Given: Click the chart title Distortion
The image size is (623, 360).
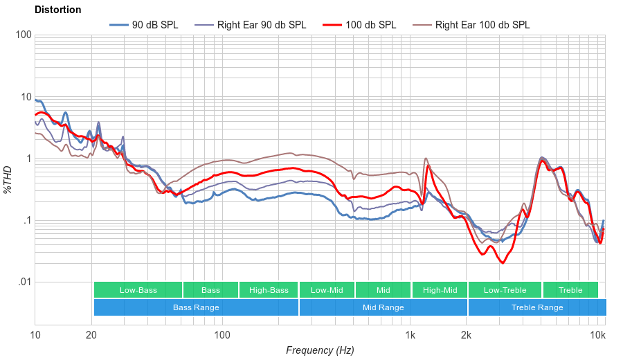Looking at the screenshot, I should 57,10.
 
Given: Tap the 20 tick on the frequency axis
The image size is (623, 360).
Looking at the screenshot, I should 91,336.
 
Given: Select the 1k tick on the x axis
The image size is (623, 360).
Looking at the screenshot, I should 410,336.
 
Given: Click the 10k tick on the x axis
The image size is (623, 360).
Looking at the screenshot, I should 597,336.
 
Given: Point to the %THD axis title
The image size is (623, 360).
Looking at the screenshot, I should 8,179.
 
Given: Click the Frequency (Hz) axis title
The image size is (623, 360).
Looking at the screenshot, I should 320,350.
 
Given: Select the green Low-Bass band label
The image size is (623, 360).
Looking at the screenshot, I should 138,290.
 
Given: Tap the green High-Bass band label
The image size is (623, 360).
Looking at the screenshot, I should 269,290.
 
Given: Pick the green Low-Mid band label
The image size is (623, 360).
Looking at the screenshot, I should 327,290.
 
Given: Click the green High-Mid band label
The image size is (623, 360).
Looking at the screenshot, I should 440,290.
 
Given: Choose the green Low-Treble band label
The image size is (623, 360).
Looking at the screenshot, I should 505,290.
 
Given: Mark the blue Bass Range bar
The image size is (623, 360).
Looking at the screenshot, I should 196,307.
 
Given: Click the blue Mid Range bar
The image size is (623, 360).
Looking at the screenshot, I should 383,307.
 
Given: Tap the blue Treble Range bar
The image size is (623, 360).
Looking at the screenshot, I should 536,307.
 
